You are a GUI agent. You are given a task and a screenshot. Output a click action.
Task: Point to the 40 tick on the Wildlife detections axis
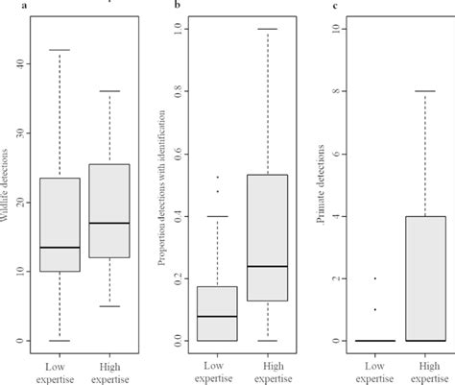coord(19,63)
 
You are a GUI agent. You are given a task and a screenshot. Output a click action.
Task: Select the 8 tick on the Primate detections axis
coord(335,91)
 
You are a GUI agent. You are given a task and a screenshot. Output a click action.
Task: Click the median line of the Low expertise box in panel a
coord(53,248)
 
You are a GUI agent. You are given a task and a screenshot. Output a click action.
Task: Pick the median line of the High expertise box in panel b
coord(265,266)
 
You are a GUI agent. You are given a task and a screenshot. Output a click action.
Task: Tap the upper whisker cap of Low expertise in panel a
coord(53,50)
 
